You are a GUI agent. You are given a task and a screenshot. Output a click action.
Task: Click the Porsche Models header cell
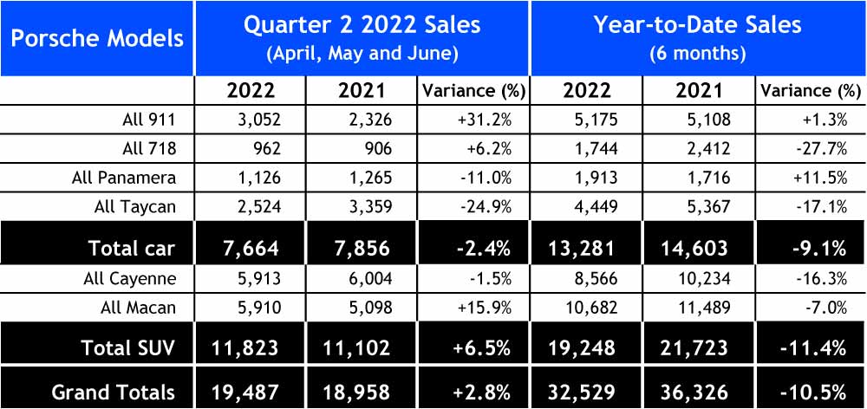pyautogui.click(x=97, y=38)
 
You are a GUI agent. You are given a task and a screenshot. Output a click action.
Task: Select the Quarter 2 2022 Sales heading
pyautogui.click(x=362, y=24)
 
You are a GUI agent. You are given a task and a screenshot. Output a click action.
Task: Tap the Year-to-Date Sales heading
pyautogui.click(x=697, y=24)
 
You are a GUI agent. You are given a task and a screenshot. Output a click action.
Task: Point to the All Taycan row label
pyautogui.click(x=134, y=207)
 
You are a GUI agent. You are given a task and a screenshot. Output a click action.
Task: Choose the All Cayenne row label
pyautogui.click(x=132, y=279)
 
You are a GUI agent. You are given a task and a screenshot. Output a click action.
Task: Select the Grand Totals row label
pyautogui.click(x=113, y=391)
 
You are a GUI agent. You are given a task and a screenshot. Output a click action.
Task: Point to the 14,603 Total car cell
pyautogui.click(x=705, y=248)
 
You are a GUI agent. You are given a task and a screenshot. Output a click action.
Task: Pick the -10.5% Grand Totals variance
pyautogui.click(x=819, y=391)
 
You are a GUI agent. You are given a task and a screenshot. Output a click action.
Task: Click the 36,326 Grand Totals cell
pyautogui.click(x=705, y=391)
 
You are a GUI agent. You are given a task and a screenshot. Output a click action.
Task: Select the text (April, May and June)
pyautogui.click(x=362, y=52)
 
